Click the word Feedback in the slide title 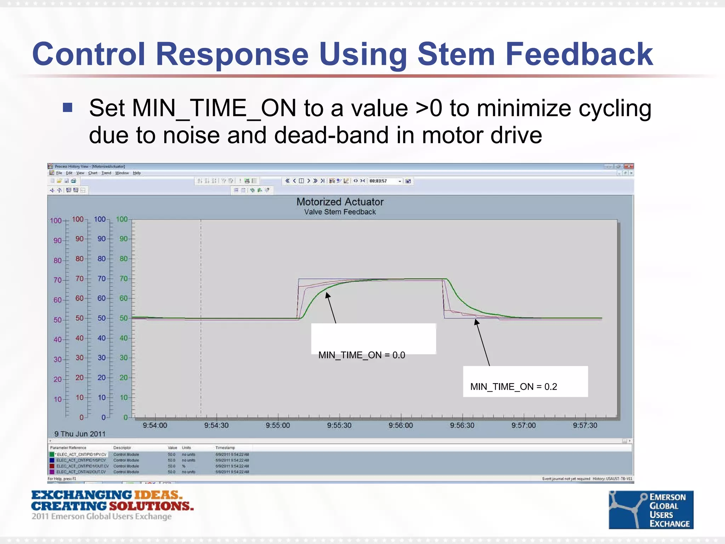tap(579, 54)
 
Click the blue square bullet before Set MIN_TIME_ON tap(68, 107)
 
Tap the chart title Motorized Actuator tap(340, 202)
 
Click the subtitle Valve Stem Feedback tap(340, 212)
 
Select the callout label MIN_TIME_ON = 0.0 tap(361, 355)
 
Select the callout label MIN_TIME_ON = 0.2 tap(513, 386)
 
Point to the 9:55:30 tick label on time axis tap(339, 425)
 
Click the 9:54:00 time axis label tap(155, 425)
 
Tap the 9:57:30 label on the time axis tap(585, 425)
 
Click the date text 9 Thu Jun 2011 tap(80, 434)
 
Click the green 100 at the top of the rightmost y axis tap(121, 219)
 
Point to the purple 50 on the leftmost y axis tap(57, 320)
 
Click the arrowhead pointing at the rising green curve tap(328, 295)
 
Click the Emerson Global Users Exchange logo tap(651, 510)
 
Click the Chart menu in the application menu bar tap(93, 173)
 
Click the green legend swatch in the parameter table tap(52, 454)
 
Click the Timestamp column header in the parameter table tap(225, 448)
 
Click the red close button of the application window tap(629, 166)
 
